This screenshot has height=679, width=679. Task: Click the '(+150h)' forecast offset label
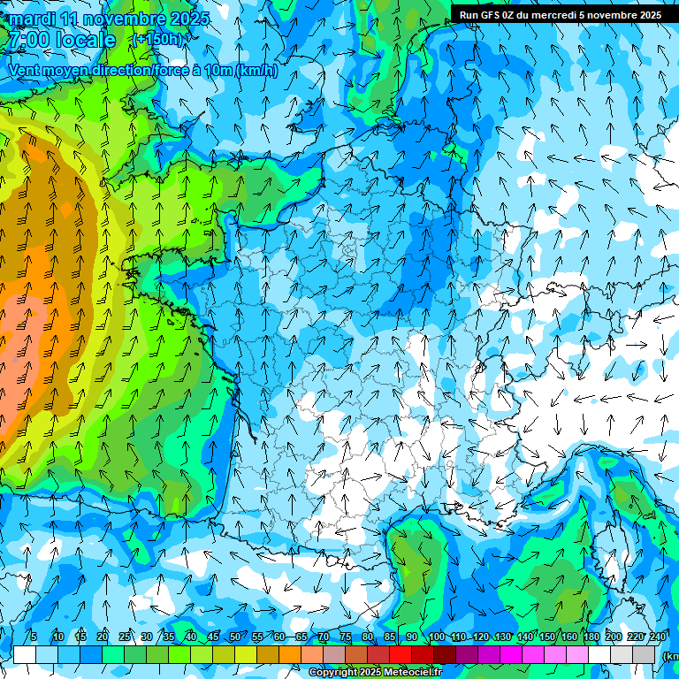pyautogui.click(x=159, y=40)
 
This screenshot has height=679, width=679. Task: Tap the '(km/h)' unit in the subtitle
pyautogui.click(x=256, y=71)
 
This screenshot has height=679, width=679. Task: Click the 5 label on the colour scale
pyautogui.click(x=34, y=637)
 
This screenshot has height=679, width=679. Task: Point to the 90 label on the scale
pyautogui.click(x=412, y=637)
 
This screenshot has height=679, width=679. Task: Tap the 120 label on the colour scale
pyautogui.click(x=481, y=637)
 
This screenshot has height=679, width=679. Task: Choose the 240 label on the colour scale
pyautogui.click(x=658, y=637)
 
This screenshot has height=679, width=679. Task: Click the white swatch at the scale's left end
pyautogui.click(x=25, y=655)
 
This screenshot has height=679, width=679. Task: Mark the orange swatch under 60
pyautogui.click(x=290, y=655)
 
